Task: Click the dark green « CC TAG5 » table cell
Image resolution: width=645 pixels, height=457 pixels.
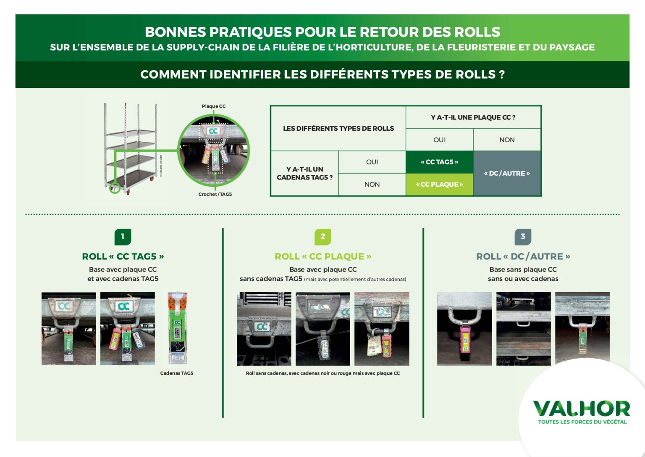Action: tap(439, 162)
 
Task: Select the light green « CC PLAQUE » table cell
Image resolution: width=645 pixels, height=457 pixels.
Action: tap(439, 185)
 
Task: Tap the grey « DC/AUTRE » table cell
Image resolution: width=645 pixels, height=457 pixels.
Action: tap(507, 173)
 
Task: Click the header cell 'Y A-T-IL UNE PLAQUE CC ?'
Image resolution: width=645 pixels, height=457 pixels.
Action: tap(473, 117)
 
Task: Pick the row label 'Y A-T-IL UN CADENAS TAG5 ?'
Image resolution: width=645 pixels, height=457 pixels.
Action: tap(304, 173)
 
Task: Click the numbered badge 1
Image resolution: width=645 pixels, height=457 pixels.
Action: tap(123, 237)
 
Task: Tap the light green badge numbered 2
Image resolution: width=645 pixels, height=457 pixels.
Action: tap(323, 237)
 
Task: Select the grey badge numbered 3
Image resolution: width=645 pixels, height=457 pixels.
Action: tap(523, 237)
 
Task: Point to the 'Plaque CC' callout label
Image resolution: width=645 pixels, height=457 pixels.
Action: tap(214, 106)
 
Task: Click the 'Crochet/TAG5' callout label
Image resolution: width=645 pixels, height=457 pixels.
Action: tap(215, 194)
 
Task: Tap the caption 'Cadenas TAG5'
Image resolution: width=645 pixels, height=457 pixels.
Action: tap(176, 373)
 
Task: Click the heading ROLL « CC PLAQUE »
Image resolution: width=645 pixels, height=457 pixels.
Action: tap(323, 256)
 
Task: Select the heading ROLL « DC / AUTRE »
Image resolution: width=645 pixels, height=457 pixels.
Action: tap(523, 256)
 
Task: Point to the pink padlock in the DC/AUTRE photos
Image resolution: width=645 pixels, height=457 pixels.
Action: tap(464, 340)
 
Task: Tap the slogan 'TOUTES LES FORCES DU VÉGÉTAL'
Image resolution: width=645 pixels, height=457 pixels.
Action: tap(582, 422)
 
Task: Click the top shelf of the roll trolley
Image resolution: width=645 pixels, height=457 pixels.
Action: tap(130, 133)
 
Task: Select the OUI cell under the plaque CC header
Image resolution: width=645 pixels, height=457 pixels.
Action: tap(439, 140)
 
